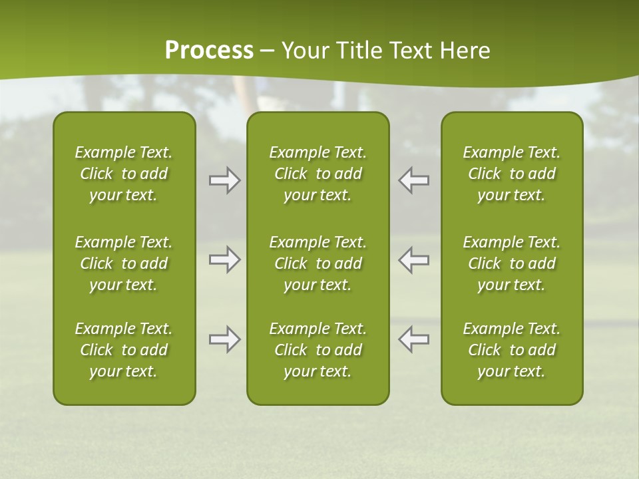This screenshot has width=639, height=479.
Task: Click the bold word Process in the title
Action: (209, 51)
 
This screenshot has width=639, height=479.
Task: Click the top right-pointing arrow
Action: (225, 180)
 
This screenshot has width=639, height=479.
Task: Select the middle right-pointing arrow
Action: (225, 259)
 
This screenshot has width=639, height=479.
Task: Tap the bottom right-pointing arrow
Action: (225, 339)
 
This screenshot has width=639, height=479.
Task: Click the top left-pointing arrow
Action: (413, 180)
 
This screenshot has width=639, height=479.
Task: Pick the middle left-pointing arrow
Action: (413, 259)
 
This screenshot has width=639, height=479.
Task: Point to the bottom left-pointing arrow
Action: (413, 339)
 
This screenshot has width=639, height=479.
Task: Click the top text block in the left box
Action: (124, 174)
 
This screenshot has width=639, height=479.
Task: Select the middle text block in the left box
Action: (124, 263)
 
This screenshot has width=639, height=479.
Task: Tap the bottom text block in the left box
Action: (124, 350)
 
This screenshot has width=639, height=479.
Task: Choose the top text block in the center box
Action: (318, 174)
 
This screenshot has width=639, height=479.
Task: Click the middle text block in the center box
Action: (318, 263)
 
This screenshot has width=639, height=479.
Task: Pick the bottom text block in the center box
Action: (318, 350)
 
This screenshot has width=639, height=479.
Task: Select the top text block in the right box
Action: (511, 174)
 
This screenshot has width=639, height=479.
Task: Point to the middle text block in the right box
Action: (511, 263)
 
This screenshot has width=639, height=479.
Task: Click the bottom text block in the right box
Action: (511, 350)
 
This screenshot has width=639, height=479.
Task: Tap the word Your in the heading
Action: (305, 51)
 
